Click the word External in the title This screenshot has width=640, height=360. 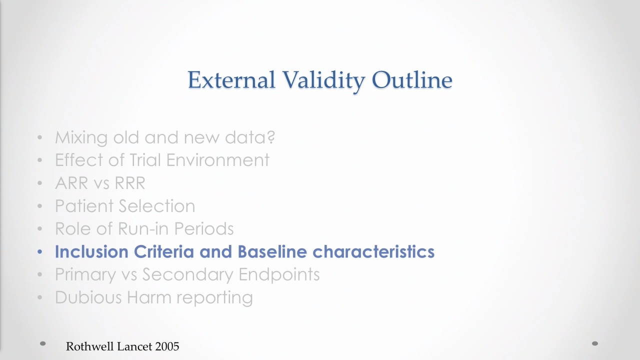pos(231,80)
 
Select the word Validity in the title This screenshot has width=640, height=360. pos(323,81)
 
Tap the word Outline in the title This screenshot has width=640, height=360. pos(412,79)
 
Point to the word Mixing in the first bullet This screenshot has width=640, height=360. pos(81,138)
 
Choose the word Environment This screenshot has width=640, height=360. pos(217,159)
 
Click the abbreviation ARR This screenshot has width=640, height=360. pos(71,183)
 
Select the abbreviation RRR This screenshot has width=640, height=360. pos(130,183)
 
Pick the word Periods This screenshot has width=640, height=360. pos(203,228)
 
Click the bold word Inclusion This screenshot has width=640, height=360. pos(91,251)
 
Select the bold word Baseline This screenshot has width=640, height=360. pos(272,251)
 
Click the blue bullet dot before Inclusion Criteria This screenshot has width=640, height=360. pos(39,252)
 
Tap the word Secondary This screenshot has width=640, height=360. pos(187,275)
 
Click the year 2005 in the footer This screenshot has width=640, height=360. pos(167,346)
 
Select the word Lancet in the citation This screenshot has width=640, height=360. pos(135,346)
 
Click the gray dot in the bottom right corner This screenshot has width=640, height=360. pos(595,343)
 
